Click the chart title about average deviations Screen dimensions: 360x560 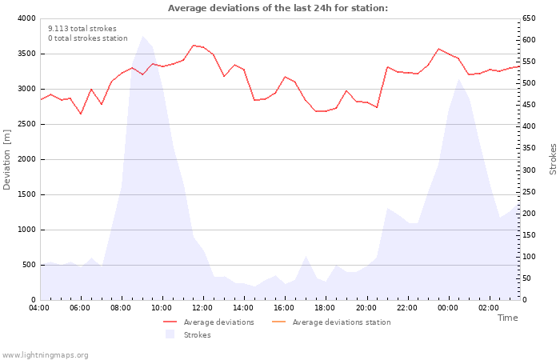point(278,8)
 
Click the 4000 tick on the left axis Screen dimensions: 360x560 point(25,18)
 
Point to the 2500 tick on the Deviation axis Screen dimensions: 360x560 point(25,124)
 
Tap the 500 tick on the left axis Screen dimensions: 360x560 point(28,265)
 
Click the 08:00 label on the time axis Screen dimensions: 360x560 point(122,308)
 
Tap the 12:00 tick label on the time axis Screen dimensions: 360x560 point(203,308)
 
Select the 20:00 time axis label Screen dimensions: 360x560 point(366,308)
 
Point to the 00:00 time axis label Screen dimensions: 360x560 point(448,308)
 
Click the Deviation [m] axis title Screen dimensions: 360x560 point(8,159)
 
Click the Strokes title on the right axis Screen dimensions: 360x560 point(553,159)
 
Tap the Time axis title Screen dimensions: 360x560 point(507,318)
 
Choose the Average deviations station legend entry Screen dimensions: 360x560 point(342,322)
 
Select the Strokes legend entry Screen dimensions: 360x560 point(197,335)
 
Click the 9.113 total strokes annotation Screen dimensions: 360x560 point(82,29)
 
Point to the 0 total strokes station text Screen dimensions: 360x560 point(87,38)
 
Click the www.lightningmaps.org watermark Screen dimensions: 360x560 point(46,355)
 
